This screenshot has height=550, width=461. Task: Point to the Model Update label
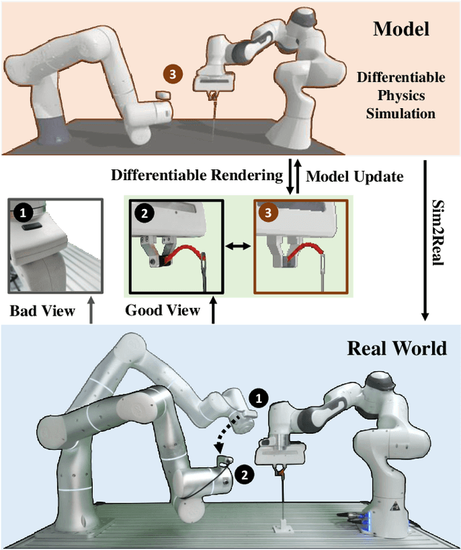(355, 175)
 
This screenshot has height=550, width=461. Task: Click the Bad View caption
(42, 311)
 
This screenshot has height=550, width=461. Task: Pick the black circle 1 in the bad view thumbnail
(23, 213)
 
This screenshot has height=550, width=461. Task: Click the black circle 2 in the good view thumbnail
(143, 213)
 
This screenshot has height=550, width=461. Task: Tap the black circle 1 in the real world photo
(257, 396)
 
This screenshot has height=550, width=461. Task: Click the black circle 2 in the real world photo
(246, 474)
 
